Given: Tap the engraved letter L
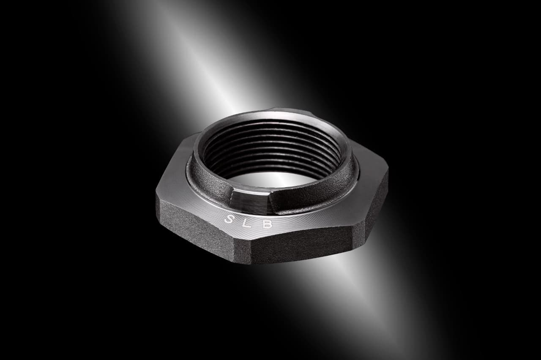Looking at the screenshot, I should (x=248, y=222).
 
